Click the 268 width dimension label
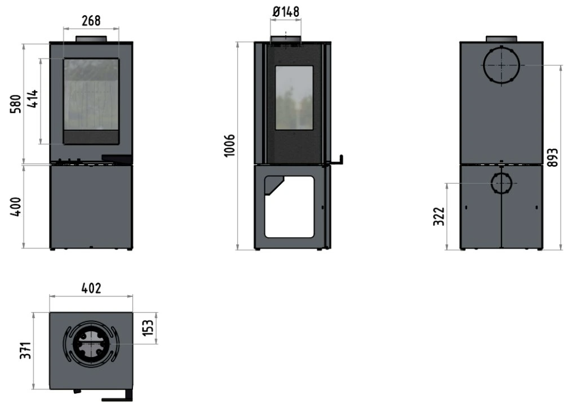click(x=91, y=20)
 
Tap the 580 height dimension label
click(x=16, y=104)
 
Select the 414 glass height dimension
click(x=33, y=99)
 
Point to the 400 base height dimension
click(x=16, y=207)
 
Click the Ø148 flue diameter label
click(x=286, y=12)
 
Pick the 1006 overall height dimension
click(x=230, y=146)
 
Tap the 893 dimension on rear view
click(x=553, y=158)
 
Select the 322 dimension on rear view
click(x=439, y=216)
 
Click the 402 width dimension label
click(x=91, y=288)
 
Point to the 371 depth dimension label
click(x=25, y=351)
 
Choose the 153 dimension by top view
click(x=148, y=328)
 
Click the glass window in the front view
click(x=91, y=94)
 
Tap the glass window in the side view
click(x=294, y=97)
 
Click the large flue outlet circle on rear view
click(x=502, y=65)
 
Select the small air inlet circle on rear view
click(x=502, y=183)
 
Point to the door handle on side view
click(x=337, y=161)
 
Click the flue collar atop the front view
click(x=91, y=39)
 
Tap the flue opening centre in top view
click(x=91, y=344)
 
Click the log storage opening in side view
click(x=289, y=207)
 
